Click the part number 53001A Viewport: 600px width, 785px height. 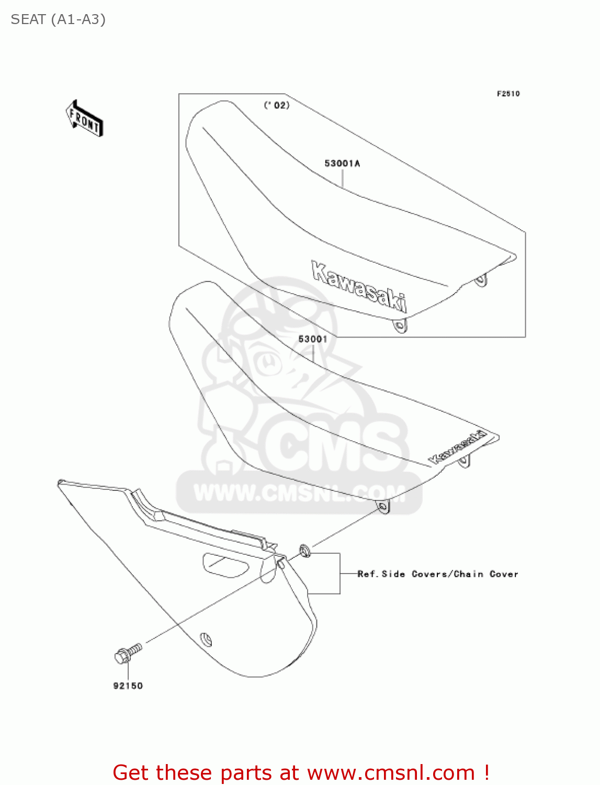point(342,163)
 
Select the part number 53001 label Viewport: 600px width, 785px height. point(312,339)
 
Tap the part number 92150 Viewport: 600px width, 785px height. point(128,686)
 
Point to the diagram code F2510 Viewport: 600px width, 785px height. point(508,94)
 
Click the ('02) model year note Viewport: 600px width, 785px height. point(276,105)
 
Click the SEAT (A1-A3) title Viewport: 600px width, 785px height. point(58,19)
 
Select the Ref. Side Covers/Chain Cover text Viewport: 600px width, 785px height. point(437,574)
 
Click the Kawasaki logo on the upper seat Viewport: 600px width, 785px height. point(359,286)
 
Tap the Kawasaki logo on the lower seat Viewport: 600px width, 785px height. point(457,447)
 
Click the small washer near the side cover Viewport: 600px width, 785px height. point(304,550)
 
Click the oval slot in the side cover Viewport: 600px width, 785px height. point(225,565)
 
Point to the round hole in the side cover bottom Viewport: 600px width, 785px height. point(207,640)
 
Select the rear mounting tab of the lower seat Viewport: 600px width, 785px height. point(463,461)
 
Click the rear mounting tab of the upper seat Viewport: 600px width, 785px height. point(480,281)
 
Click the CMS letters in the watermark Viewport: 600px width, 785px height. point(335,445)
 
